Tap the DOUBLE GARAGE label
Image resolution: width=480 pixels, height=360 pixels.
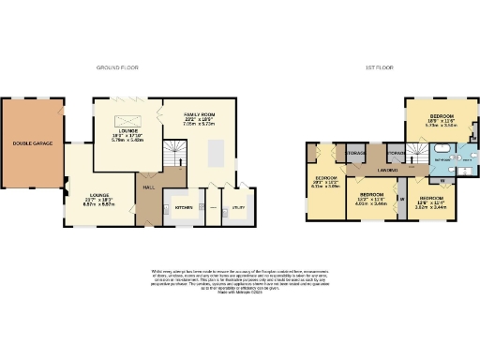click(32, 143)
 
